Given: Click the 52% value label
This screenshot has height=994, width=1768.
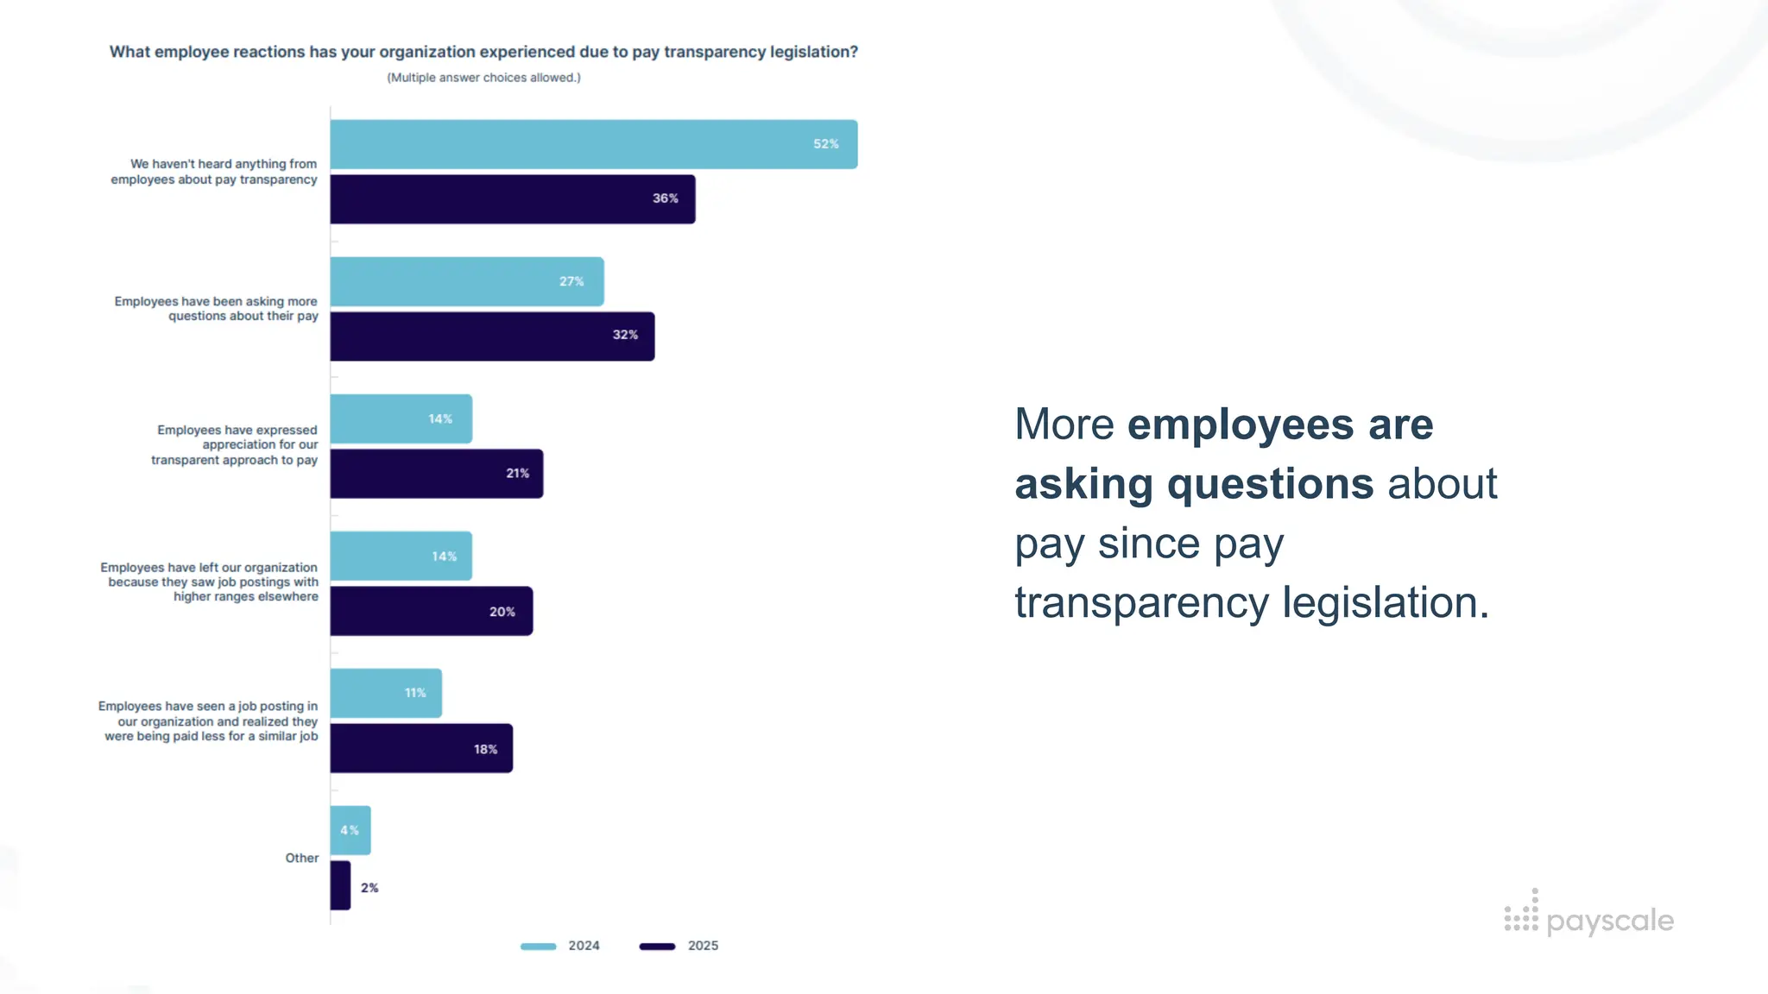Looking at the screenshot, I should pyautogui.click(x=825, y=144).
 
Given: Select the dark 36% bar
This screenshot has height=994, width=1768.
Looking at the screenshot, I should pyautogui.click(x=512, y=199).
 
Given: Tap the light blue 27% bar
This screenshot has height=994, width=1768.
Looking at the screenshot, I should pyautogui.click(x=466, y=281).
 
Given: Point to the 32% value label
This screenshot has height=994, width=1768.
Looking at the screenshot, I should pyautogui.click(x=625, y=335).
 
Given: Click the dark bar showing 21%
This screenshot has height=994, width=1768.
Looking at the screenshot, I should pyautogui.click(x=436, y=474).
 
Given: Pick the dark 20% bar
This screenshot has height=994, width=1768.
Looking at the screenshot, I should pyautogui.click(x=431, y=611).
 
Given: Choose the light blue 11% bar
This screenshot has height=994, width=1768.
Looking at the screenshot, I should pyautogui.click(x=385, y=693).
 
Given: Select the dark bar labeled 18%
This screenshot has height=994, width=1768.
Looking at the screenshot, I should pyautogui.click(x=420, y=748).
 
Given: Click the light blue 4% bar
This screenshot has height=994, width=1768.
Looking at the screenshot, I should pyautogui.click(x=350, y=830).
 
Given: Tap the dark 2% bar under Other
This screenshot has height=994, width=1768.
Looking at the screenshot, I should pyautogui.click(x=340, y=885).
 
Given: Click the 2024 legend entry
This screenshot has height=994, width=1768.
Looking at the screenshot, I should pyautogui.click(x=560, y=946).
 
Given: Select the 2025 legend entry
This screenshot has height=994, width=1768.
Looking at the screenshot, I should pyautogui.click(x=679, y=946).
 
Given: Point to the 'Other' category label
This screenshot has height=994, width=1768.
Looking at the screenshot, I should pyautogui.click(x=302, y=858).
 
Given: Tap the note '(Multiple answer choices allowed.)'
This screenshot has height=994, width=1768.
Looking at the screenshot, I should pyautogui.click(x=483, y=78).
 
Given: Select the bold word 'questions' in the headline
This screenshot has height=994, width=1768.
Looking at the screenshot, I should pyautogui.click(x=1270, y=483).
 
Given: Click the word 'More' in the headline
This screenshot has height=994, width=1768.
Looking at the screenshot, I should pyautogui.click(x=1064, y=425).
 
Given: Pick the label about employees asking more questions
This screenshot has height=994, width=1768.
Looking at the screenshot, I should pyautogui.click(x=216, y=309).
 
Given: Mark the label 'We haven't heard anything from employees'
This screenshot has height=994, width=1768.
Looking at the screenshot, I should pyautogui.click(x=214, y=172).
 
